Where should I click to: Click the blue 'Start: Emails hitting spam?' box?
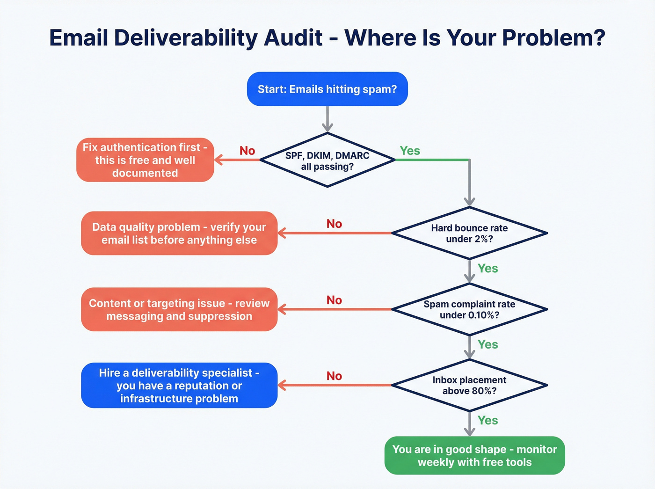(x=327, y=89)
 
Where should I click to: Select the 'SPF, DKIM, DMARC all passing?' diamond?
(x=327, y=161)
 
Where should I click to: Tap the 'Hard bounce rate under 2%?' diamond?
(x=469, y=233)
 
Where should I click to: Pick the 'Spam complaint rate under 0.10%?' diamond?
(x=469, y=309)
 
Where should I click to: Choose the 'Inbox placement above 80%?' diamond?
(x=469, y=385)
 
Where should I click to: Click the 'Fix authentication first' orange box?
(x=145, y=160)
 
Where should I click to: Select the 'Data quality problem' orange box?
(x=179, y=233)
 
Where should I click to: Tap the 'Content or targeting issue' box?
(x=179, y=309)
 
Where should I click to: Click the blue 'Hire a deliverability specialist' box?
(x=179, y=385)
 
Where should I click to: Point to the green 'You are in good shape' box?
(x=474, y=455)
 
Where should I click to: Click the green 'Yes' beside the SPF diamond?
(x=410, y=151)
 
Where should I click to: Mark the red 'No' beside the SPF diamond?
(x=247, y=151)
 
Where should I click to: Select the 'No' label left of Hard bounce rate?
(x=334, y=224)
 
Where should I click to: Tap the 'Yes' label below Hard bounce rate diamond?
(x=488, y=268)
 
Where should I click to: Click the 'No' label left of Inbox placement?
(x=334, y=376)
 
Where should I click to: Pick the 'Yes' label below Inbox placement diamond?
(x=488, y=420)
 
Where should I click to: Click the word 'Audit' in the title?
(x=293, y=38)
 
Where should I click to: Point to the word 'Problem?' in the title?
(x=553, y=38)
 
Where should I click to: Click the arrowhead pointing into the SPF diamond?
(x=327, y=127)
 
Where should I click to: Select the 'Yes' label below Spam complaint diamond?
(x=488, y=344)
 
